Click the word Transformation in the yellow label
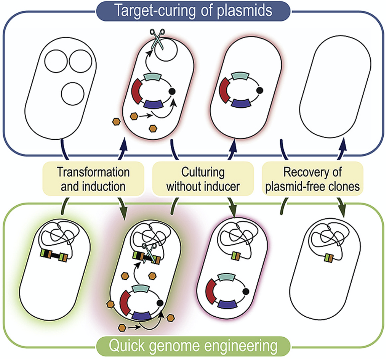[x=93, y=172]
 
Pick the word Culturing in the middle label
[x=203, y=172]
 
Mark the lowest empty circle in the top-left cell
[x=73, y=94]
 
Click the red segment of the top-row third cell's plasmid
[x=225, y=90]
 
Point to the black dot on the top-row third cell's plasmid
[x=259, y=90]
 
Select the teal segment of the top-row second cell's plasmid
[x=152, y=78]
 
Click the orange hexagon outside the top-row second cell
[x=116, y=121]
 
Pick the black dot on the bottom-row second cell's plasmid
[x=160, y=303]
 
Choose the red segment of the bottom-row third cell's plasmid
[x=211, y=292]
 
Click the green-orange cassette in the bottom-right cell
[x=328, y=258]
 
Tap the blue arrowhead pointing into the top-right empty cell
[x=343, y=146]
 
